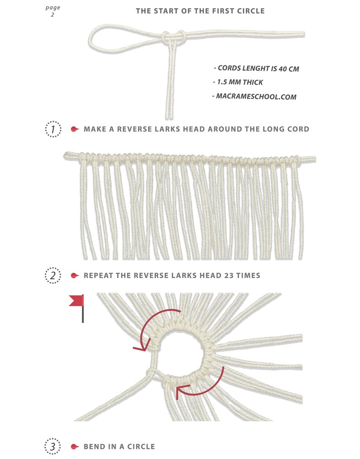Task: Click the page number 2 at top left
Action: (53, 15)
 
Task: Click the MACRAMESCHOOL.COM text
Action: (256, 97)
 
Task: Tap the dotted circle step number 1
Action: (53, 129)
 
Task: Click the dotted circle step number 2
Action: (53, 275)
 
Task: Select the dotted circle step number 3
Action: (53, 447)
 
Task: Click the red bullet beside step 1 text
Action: (75, 129)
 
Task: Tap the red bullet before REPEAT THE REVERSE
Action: (75, 275)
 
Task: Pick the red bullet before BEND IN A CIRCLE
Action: (75, 447)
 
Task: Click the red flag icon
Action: (77, 301)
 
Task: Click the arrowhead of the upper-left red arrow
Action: (140, 348)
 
